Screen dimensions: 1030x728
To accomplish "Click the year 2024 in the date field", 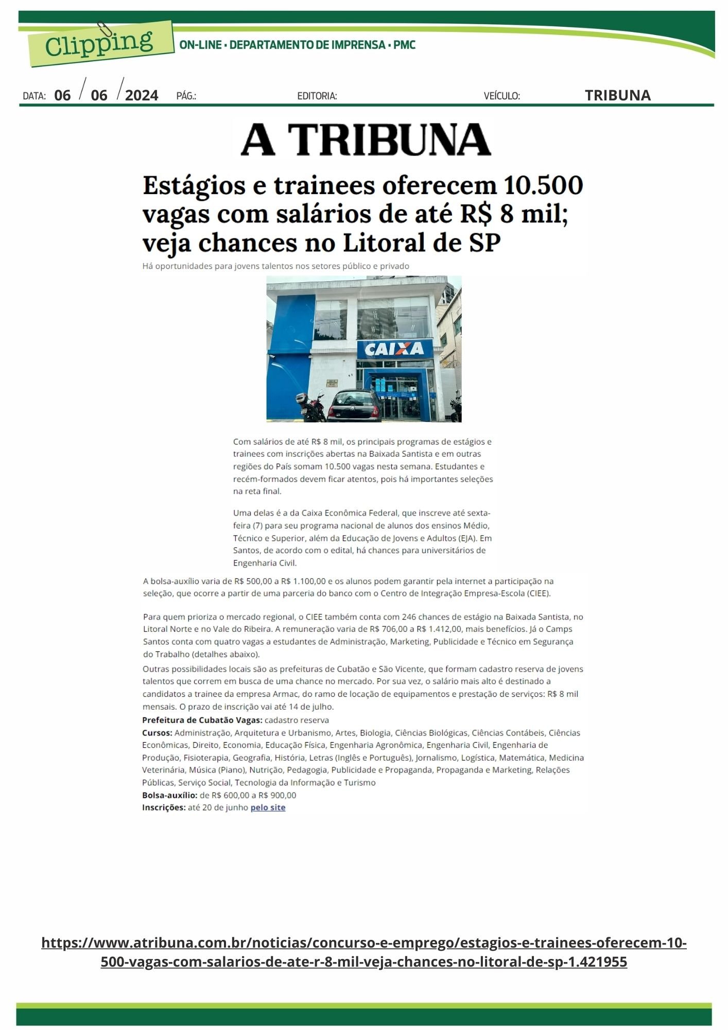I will pyautogui.click(x=142, y=95).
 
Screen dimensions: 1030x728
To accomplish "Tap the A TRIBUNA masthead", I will pyautogui.click(x=366, y=140).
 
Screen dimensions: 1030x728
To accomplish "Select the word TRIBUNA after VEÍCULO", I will pyautogui.click(x=617, y=95).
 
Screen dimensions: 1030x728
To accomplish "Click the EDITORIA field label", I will pyautogui.click(x=317, y=96).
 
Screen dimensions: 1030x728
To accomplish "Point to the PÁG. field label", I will pyautogui.click(x=186, y=96).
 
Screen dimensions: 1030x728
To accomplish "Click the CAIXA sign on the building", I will pyautogui.click(x=394, y=349).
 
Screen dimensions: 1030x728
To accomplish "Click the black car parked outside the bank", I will pyautogui.click(x=355, y=405).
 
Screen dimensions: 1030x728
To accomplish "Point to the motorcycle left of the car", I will pyautogui.click(x=310, y=406).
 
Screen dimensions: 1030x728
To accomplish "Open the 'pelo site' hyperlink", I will pyautogui.click(x=268, y=808).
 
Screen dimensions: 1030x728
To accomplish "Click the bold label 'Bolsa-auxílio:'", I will pyautogui.click(x=169, y=795).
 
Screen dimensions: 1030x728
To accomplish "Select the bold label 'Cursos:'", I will pyautogui.click(x=157, y=732).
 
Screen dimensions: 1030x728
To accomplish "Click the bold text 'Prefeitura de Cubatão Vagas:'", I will pyautogui.click(x=202, y=720).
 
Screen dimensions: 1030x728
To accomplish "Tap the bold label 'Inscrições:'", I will pyautogui.click(x=164, y=808).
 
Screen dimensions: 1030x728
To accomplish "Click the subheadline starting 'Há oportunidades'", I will pyautogui.click(x=275, y=266).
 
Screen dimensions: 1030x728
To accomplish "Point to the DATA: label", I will pyautogui.click(x=34, y=96).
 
